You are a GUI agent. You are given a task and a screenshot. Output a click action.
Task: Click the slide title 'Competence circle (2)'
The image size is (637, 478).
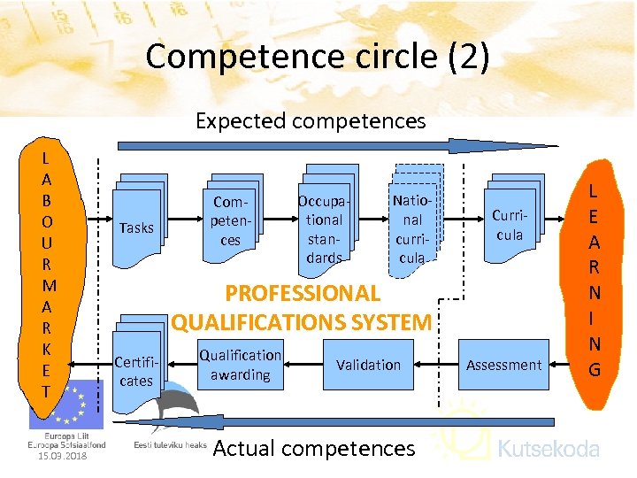[x=317, y=56]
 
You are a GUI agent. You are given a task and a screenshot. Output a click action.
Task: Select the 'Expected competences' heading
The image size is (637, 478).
[x=311, y=120]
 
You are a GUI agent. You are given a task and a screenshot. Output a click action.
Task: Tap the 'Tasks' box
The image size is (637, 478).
[x=136, y=227]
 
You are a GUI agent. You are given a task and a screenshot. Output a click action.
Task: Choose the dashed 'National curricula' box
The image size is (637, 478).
[x=412, y=227]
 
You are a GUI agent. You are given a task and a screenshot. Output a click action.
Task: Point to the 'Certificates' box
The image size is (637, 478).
[x=136, y=372]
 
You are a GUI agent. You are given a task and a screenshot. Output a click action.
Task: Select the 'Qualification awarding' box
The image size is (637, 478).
[x=240, y=365]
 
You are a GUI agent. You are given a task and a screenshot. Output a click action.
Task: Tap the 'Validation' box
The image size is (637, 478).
[x=368, y=365]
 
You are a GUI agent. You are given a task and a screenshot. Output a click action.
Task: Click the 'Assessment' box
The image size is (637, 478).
[x=503, y=365]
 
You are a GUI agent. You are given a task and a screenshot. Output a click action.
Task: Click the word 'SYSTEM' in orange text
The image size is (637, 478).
[x=388, y=322]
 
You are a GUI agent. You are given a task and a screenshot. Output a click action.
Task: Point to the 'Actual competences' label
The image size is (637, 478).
[x=313, y=449]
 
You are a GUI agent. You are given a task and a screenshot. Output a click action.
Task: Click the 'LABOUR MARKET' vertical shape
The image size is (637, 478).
[x=50, y=274]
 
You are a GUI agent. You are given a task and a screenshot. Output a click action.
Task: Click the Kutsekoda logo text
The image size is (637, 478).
[x=549, y=449]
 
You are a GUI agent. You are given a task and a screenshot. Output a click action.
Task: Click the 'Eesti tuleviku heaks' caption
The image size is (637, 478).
[x=170, y=444]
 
